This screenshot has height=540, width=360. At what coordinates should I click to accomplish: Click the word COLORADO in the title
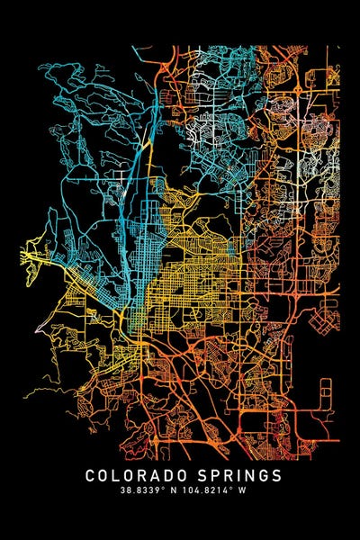click(x=137, y=475)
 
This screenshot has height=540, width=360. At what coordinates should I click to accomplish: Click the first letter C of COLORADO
click(x=91, y=475)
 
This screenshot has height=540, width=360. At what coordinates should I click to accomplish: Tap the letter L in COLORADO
click(x=118, y=475)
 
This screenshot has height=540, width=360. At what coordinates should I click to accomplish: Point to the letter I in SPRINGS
click(x=237, y=475)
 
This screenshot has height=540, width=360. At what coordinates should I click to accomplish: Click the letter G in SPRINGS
click(x=262, y=475)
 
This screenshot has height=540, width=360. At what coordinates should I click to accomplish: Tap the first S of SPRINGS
click(x=199, y=475)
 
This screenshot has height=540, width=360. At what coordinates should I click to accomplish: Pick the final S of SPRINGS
click(x=275, y=475)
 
